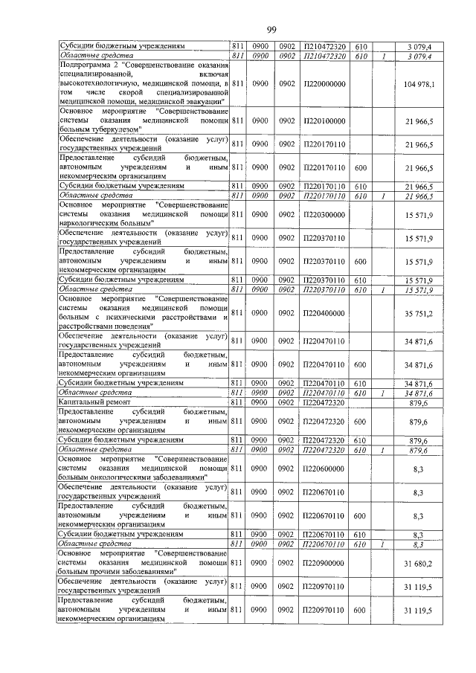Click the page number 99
click(271, 29)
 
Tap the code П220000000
click(324, 85)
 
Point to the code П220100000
click(324, 120)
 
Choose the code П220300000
click(324, 213)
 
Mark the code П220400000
click(324, 314)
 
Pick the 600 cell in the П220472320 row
click(359, 421)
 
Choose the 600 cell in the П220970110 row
click(359, 610)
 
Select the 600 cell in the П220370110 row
click(359, 262)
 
